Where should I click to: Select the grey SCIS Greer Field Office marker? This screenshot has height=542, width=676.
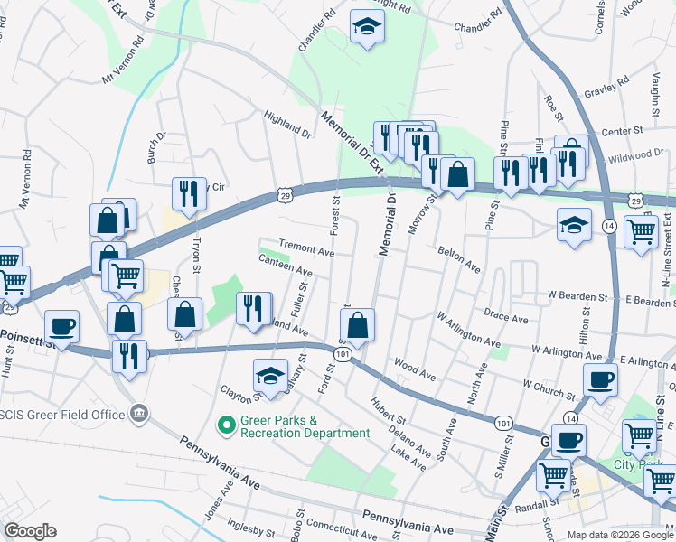point(138,414)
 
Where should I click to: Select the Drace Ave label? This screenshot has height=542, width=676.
point(505,318)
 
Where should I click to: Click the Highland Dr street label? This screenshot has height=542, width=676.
point(286,126)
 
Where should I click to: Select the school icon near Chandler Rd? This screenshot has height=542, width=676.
point(368,28)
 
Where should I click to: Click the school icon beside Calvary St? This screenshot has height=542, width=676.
point(270,377)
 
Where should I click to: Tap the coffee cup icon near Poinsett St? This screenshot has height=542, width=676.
point(61,326)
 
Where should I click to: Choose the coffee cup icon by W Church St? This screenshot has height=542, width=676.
point(600,379)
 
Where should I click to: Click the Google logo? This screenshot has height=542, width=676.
point(30,531)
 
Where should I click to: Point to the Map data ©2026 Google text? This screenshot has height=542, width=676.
point(620,535)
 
